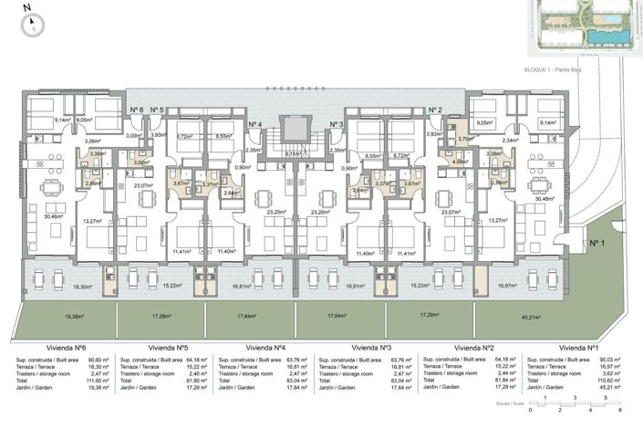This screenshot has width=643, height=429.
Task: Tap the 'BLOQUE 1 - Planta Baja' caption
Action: (555, 69)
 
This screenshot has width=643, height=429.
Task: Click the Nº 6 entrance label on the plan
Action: (136, 110)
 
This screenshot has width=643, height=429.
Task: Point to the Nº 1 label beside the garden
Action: (597, 243)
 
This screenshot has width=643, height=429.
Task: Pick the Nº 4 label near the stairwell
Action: (255, 124)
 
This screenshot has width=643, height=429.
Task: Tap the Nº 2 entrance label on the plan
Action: (434, 110)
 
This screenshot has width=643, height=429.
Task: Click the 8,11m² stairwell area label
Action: (293, 154)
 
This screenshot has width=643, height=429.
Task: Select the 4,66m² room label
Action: (460, 162)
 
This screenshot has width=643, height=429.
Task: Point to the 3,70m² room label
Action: (465, 139)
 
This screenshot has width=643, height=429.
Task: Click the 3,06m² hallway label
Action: (92, 141)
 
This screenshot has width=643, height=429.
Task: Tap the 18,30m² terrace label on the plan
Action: (84, 287)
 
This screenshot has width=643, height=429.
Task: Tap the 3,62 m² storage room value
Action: (612, 372)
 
